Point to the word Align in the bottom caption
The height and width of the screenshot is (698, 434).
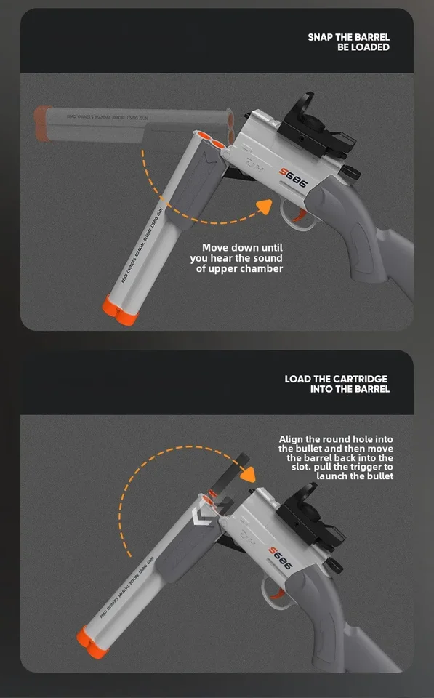[292, 439]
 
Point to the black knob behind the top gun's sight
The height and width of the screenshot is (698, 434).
[351, 172]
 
